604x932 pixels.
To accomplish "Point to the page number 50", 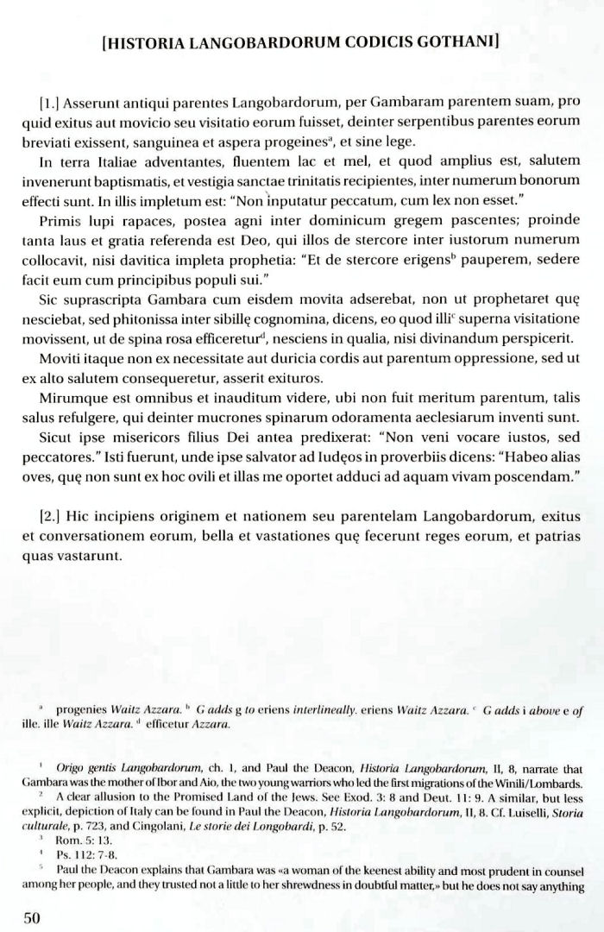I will click(33, 916).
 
